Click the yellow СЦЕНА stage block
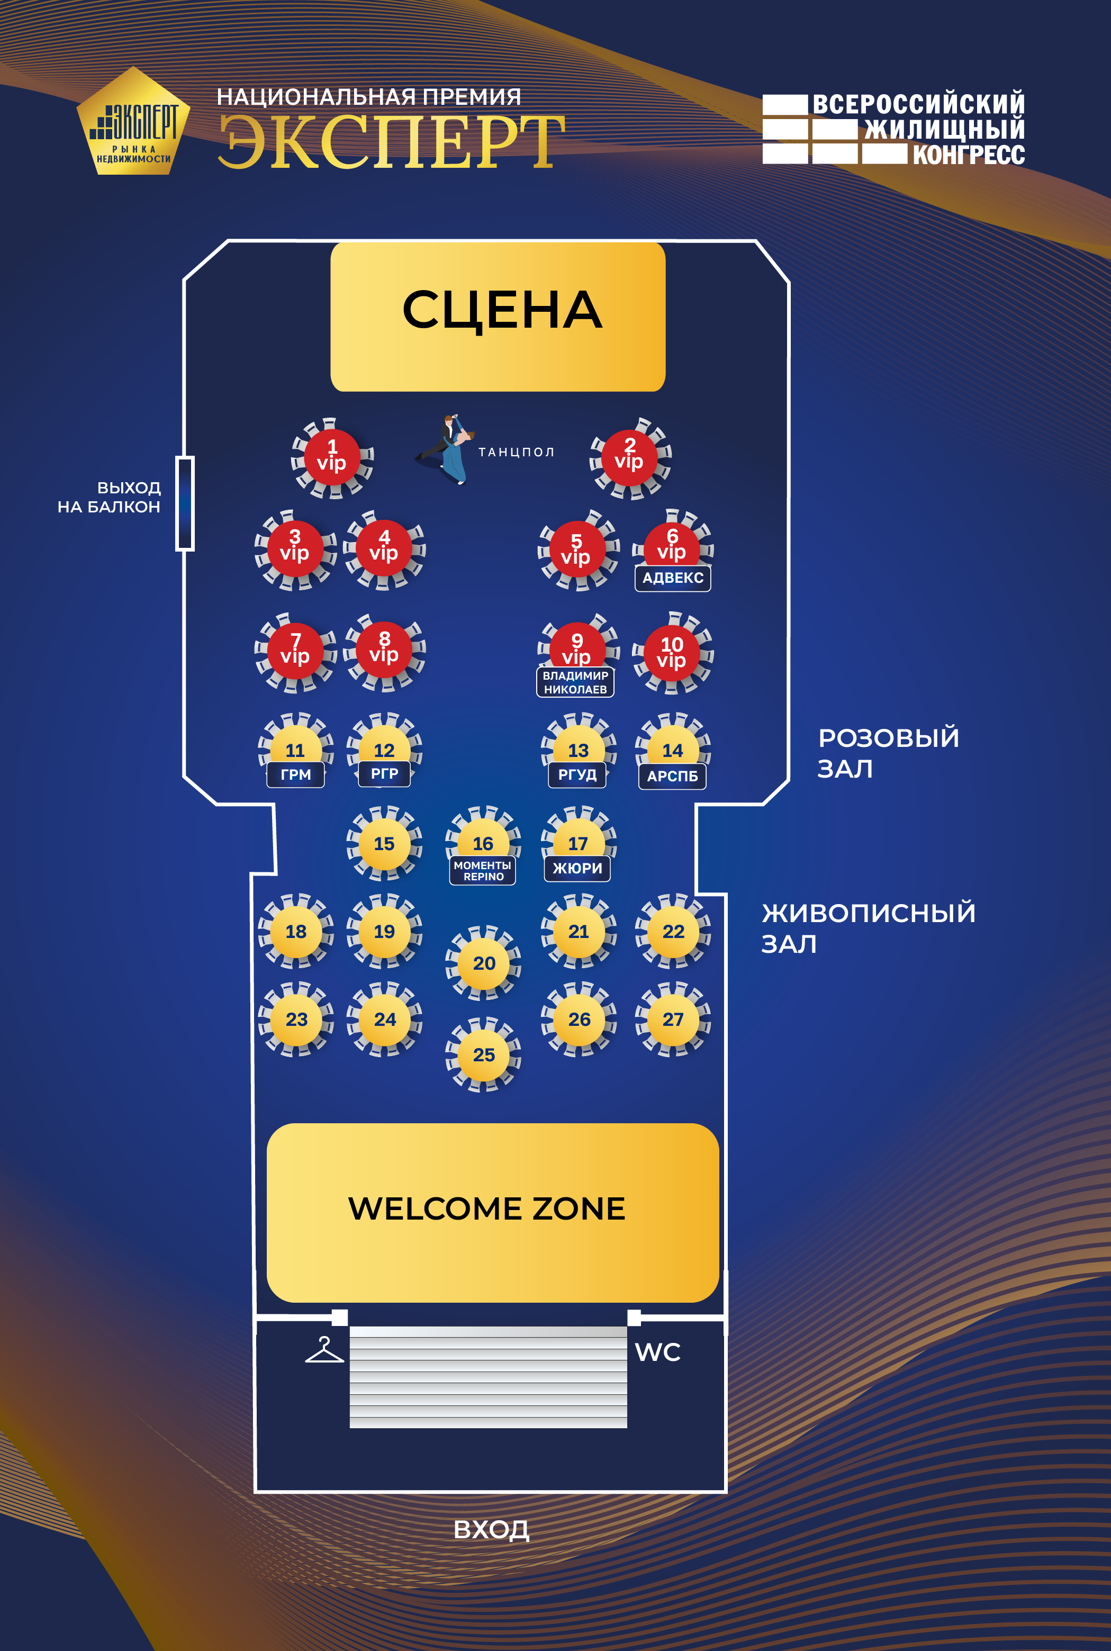tap(498, 316)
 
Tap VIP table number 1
tap(331, 457)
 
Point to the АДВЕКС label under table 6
tap(672, 578)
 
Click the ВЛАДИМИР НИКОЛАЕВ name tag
tap(575, 682)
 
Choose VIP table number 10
tap(672, 653)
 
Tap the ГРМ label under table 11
tap(295, 774)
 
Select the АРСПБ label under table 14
tap(672, 776)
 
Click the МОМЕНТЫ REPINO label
tap(483, 871)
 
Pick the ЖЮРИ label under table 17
tap(577, 868)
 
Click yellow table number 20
tap(484, 963)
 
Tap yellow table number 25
tap(484, 1054)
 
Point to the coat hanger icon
tap(324, 1350)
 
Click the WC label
tap(657, 1352)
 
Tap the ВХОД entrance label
tap(491, 1529)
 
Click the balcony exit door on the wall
tap(185, 503)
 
